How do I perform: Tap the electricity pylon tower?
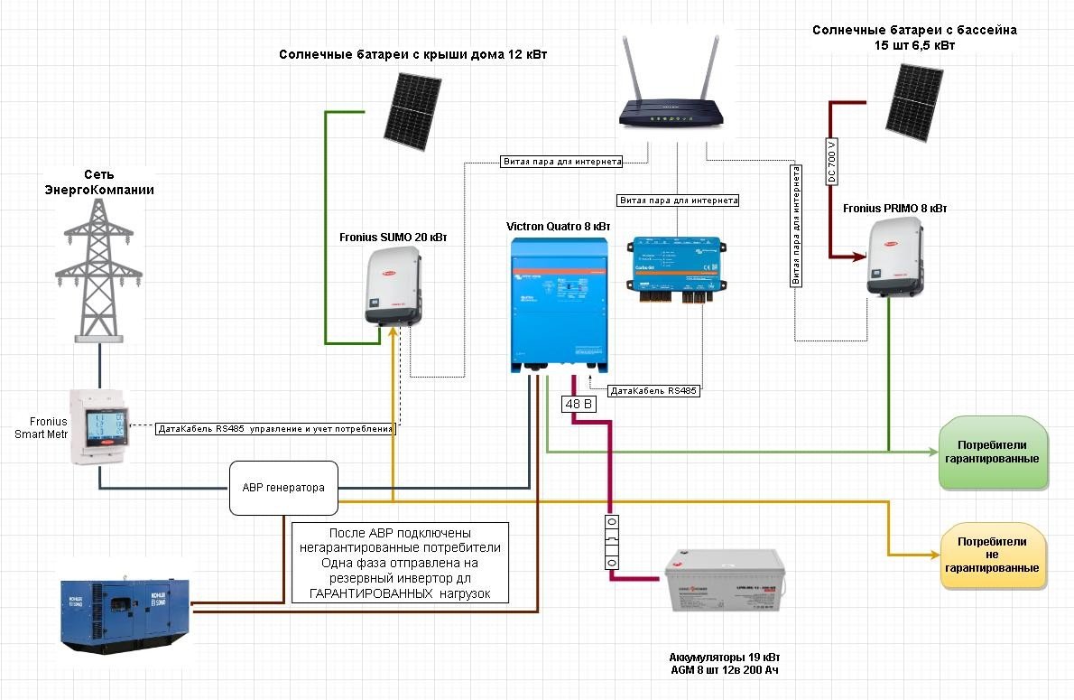point(99,271)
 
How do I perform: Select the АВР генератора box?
point(283,488)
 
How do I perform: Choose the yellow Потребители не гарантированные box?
point(992,555)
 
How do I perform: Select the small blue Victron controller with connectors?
point(675,264)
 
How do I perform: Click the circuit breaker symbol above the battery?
point(611,543)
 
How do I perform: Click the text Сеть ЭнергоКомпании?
point(99,182)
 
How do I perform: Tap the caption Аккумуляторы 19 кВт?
point(725,657)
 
